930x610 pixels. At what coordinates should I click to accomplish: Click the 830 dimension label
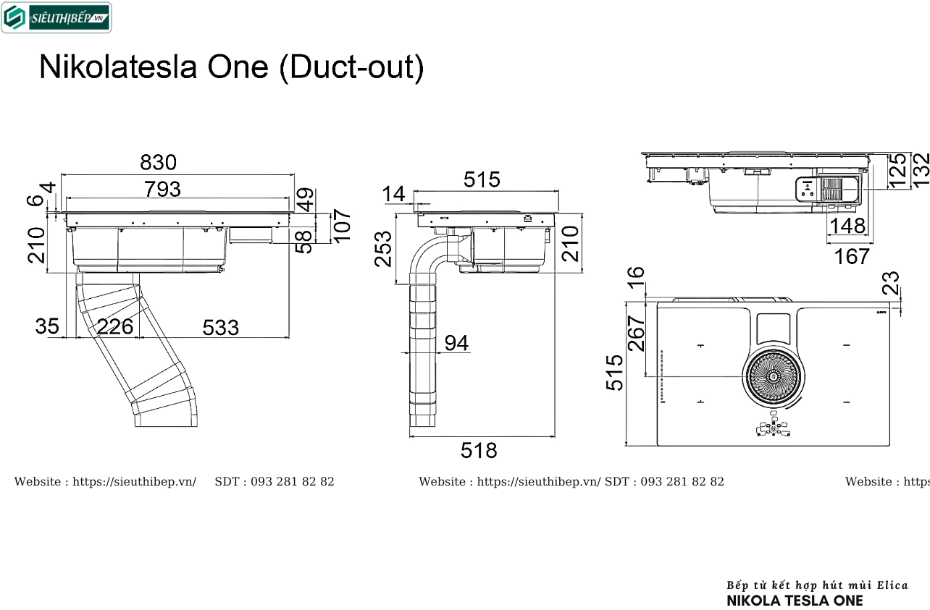click(x=158, y=162)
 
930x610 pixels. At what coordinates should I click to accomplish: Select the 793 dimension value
click(x=162, y=189)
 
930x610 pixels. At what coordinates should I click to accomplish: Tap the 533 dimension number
click(x=220, y=328)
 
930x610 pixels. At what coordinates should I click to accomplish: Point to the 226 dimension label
click(x=115, y=327)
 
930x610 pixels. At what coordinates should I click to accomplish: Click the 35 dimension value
click(x=47, y=326)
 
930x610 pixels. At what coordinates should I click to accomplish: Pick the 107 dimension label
click(x=342, y=226)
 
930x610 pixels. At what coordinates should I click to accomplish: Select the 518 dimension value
click(x=479, y=450)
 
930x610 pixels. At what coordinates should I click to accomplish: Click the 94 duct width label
click(x=456, y=343)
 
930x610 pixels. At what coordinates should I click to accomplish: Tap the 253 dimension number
click(x=383, y=249)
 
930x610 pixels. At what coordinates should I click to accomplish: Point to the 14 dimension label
click(x=393, y=194)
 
